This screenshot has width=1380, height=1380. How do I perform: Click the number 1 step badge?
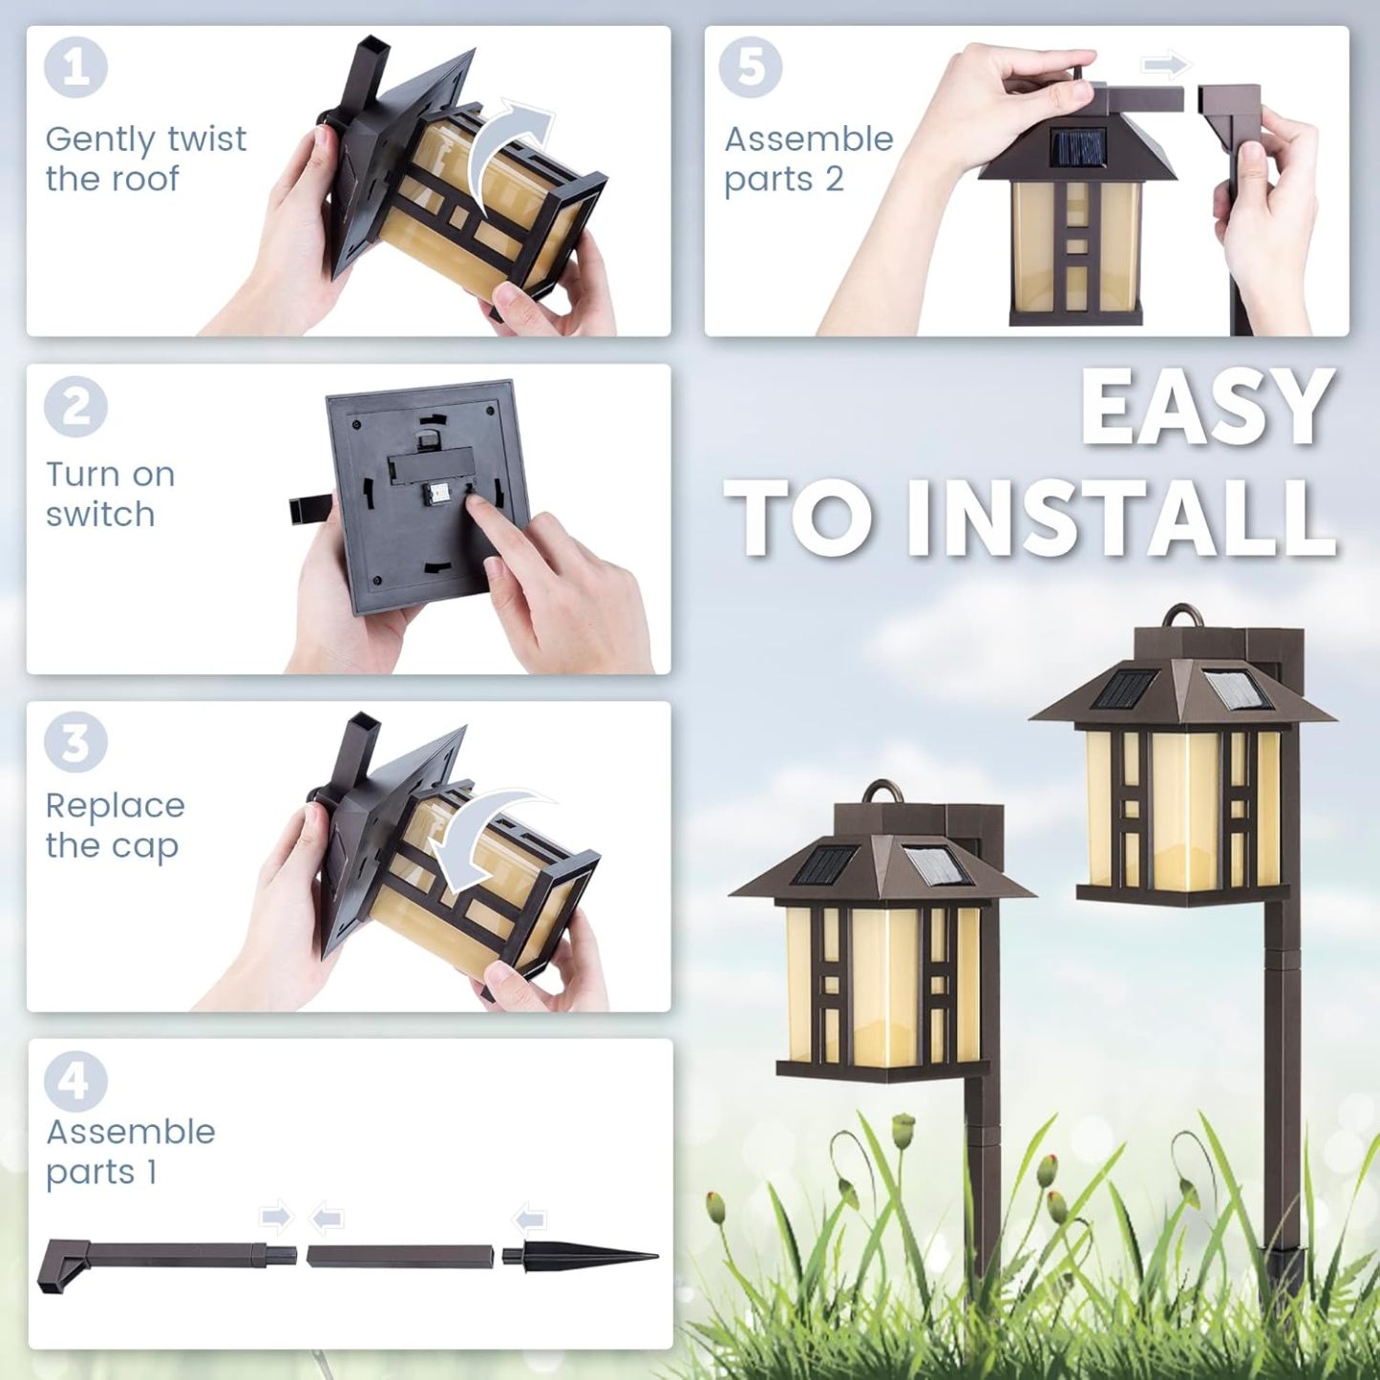[x=75, y=68]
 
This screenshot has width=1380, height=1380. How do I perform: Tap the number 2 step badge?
[x=75, y=408]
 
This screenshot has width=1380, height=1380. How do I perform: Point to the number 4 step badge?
[x=75, y=1081]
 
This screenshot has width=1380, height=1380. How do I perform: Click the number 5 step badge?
[x=751, y=68]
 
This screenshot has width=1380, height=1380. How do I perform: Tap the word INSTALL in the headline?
[x=1120, y=517]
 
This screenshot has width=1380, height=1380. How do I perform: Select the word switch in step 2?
[x=100, y=515]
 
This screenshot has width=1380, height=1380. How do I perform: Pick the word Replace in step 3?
[x=115, y=806]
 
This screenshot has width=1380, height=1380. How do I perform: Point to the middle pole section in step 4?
[x=401, y=1256]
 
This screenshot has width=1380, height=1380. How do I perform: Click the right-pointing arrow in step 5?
[x=1166, y=66]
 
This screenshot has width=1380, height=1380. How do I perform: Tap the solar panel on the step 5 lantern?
[x=1077, y=146]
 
